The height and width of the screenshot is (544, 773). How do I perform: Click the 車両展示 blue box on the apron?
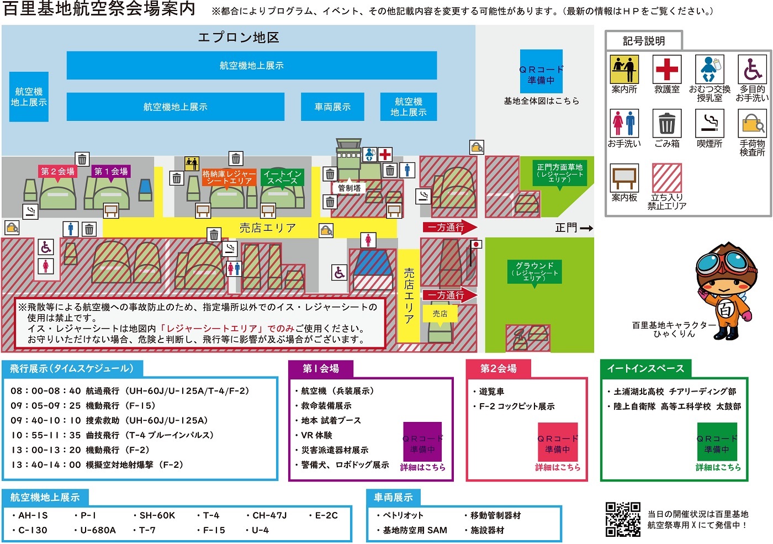point(332,107)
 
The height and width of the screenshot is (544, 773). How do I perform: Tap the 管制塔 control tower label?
point(349,188)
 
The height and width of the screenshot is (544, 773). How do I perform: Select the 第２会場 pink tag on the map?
point(57,171)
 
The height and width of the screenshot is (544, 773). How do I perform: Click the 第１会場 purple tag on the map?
point(111,171)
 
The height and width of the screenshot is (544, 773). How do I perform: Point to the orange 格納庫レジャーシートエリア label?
point(229,177)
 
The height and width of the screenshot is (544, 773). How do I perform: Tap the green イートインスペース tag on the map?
point(282,177)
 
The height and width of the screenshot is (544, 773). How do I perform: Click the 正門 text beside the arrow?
point(566,228)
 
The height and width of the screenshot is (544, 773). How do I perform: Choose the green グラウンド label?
point(534,271)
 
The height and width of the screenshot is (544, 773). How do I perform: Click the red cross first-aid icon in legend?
point(666,69)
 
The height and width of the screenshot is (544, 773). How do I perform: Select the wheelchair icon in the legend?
point(752,69)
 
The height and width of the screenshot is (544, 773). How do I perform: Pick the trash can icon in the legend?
point(666,123)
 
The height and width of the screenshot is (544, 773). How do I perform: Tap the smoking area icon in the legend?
point(709,123)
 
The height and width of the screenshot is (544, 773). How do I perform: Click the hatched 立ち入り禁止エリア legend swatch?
point(666,178)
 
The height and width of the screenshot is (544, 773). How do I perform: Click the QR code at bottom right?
point(623,519)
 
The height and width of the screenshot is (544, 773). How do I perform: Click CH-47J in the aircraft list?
point(269,515)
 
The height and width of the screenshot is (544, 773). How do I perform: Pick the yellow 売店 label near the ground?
point(440,314)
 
